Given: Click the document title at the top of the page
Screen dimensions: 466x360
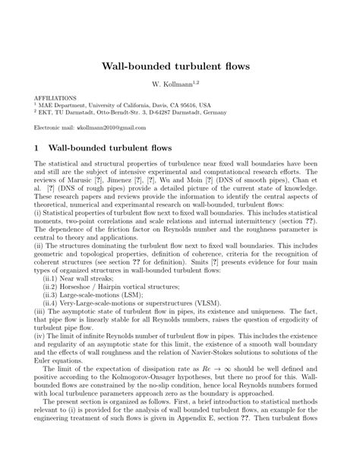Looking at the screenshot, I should tap(180, 66).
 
